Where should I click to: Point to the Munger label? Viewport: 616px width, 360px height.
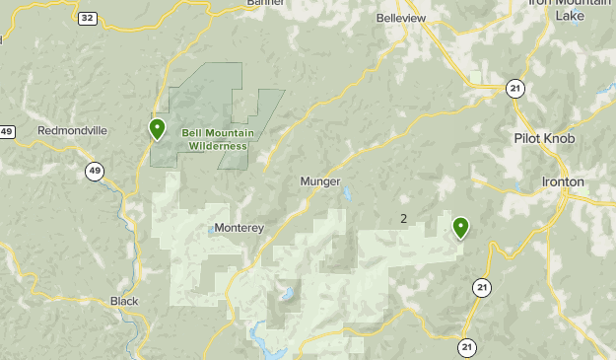[x=320, y=182]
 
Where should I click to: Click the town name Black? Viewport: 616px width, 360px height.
[x=124, y=301]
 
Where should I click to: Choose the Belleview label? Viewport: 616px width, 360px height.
[x=401, y=18]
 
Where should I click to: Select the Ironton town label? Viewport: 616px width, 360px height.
[x=563, y=182]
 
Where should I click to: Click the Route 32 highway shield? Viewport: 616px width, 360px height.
[x=88, y=18]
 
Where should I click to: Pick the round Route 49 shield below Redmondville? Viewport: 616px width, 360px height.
[x=94, y=172]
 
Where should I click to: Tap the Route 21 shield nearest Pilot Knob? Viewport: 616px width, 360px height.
[x=514, y=89]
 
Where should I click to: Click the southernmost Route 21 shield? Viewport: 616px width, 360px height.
[x=467, y=347]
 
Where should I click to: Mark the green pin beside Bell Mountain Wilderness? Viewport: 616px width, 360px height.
[x=157, y=128]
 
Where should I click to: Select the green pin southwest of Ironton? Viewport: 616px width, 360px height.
[x=460, y=228]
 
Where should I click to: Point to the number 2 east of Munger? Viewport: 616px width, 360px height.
[x=404, y=218]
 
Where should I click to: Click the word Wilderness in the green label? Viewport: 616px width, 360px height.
[x=219, y=146]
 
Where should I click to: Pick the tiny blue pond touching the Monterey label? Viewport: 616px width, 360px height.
[x=211, y=233]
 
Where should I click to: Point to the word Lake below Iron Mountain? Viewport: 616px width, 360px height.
[x=570, y=16]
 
